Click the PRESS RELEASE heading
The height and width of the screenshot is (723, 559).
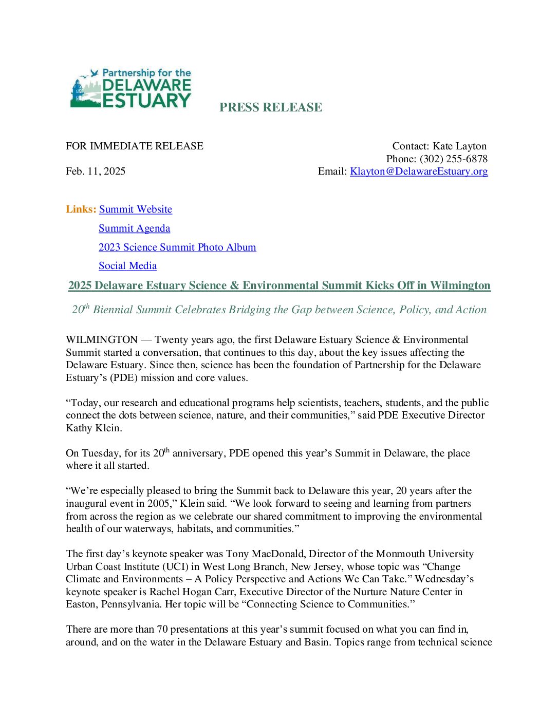pos(271,107)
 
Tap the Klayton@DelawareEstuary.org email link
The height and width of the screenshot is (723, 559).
pos(419,172)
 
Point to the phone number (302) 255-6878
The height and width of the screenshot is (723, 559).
pos(453,159)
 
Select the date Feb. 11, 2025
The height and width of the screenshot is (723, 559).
pos(96,172)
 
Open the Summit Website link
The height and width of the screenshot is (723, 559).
pos(136,210)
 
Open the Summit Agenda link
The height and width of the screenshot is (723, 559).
pos(134,229)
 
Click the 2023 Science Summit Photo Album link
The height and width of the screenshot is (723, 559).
pos(177,248)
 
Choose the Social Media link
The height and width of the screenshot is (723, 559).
pos(127,266)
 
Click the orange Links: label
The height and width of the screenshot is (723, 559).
pos(81,210)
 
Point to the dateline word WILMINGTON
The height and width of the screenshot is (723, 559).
pos(102,340)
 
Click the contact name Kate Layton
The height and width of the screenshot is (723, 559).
pos(459,146)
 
